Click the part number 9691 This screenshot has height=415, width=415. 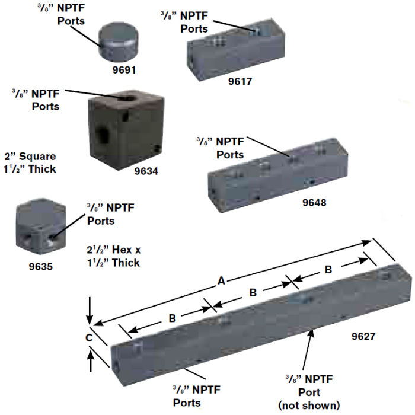pos(124,69)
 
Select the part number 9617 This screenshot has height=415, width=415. pos(240,82)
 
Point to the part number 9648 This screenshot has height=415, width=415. pos(314,202)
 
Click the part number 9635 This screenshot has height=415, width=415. pos(41,266)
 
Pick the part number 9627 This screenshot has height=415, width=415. pos(363,336)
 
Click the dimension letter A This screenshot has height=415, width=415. pos(221,282)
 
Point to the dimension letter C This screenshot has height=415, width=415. pos(88,337)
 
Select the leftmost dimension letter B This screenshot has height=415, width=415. pos(172,318)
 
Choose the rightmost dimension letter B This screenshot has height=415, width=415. pos(327,269)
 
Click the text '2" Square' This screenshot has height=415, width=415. pos(30,157)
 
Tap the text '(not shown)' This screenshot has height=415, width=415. pos(309,406)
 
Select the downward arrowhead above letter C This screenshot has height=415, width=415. pos(90,320)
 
